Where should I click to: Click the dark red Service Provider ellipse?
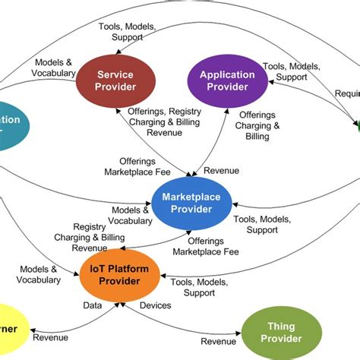pyautogui.click(x=116, y=81)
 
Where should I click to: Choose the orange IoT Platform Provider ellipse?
pyautogui.click(x=119, y=276)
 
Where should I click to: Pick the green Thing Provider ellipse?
pyautogui.click(x=282, y=333)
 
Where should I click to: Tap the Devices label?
pyautogui.click(x=155, y=305)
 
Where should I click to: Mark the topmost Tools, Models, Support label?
pyautogui.click(x=126, y=31)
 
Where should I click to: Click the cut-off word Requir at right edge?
pyautogui.click(x=347, y=93)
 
